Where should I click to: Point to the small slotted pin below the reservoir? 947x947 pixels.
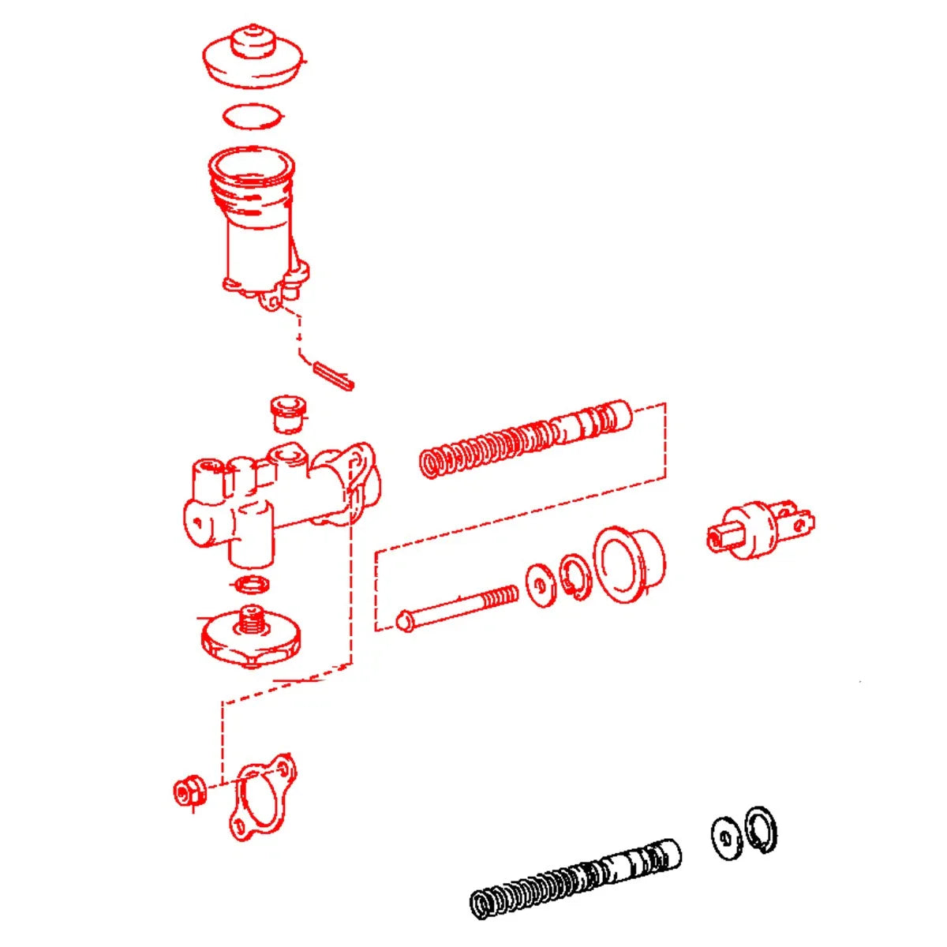pos(335,375)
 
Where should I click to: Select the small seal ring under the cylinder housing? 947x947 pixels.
pos(253,585)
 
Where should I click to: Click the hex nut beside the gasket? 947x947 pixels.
pos(189,790)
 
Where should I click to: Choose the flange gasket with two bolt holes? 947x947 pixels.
pos(260,797)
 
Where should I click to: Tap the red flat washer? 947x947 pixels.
pos(539,583)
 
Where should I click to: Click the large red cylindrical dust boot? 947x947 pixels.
pos(627,563)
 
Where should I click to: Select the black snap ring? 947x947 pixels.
pos(762,830)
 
